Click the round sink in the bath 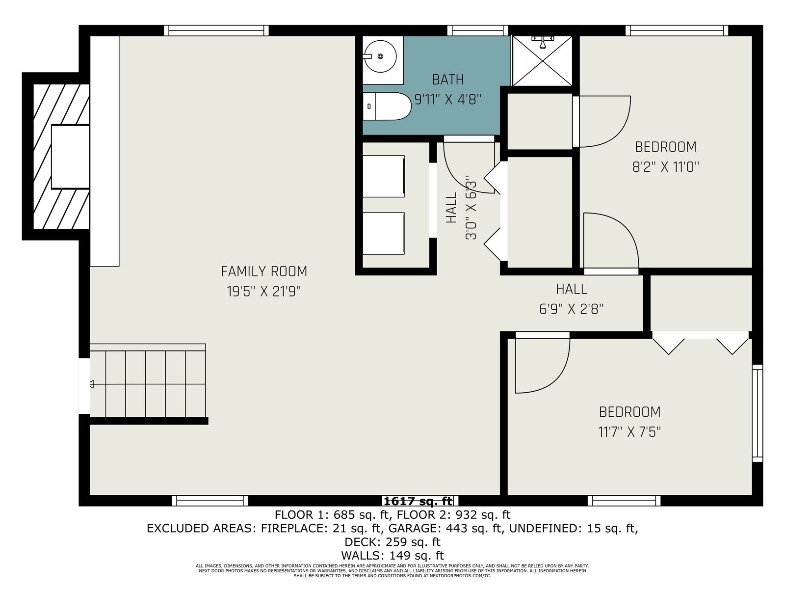[x=380, y=56]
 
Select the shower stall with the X [x=542, y=60]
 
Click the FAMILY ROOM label [x=264, y=271]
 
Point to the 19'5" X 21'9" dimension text [x=264, y=292]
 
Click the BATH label [x=448, y=80]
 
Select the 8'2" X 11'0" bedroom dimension [x=666, y=167]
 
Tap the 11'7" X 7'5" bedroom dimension [x=629, y=432]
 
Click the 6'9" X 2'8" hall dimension [x=572, y=309]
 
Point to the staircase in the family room [x=148, y=381]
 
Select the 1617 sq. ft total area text [x=418, y=501]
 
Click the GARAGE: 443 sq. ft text [x=445, y=528]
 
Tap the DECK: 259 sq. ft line [x=392, y=542]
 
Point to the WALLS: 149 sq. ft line [x=392, y=556]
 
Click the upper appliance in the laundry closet [x=384, y=176]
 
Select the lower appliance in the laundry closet [x=384, y=234]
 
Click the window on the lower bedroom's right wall [x=758, y=413]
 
